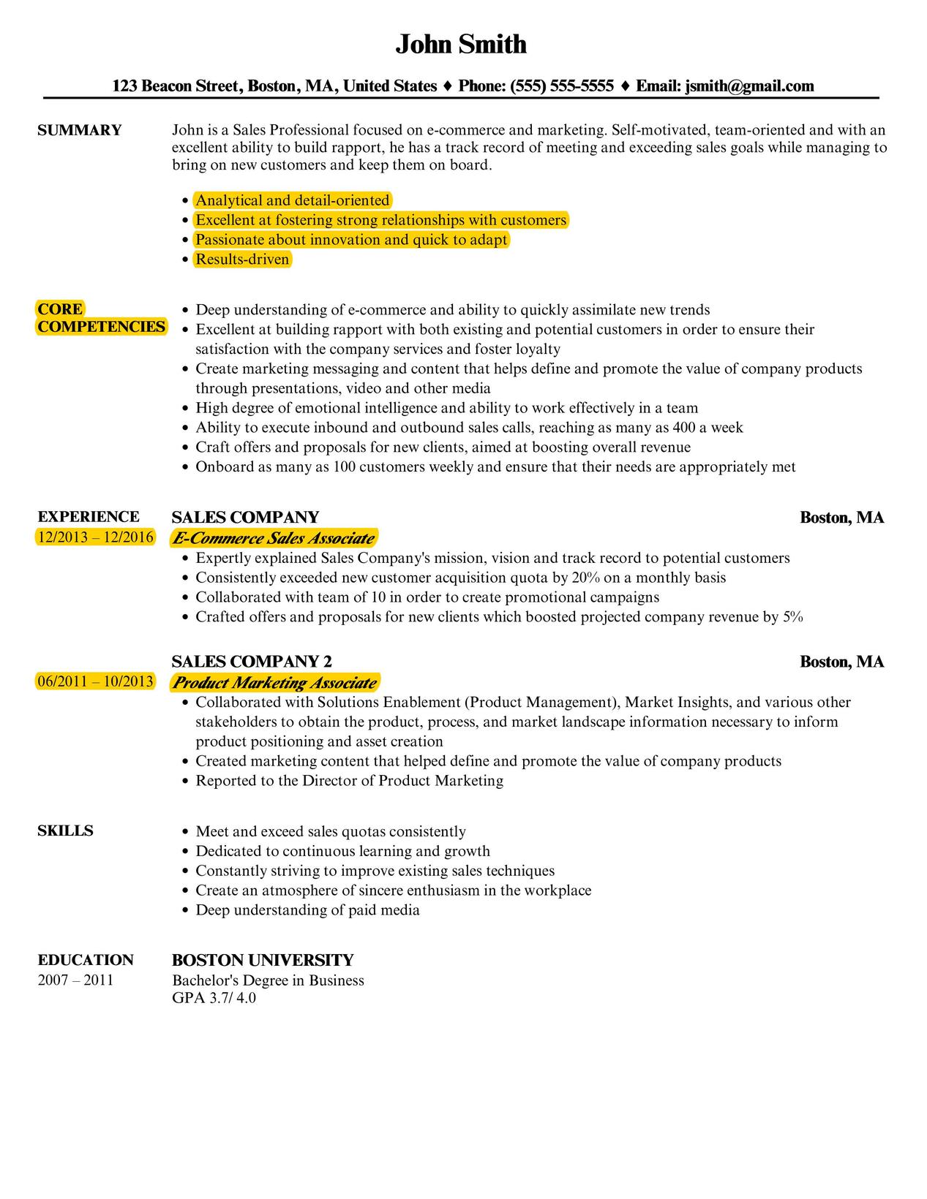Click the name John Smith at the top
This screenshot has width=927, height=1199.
tap(461, 45)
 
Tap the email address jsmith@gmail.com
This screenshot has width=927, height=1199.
tap(749, 86)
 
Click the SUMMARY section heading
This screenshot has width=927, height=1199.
tap(79, 130)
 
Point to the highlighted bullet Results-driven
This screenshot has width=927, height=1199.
tap(242, 260)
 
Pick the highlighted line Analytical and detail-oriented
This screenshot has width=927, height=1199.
tap(292, 200)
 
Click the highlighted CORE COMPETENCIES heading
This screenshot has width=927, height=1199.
tap(101, 318)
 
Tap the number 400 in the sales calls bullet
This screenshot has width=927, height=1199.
tap(684, 428)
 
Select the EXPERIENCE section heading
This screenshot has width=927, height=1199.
tap(88, 517)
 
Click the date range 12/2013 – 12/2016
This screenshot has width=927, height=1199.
tap(95, 537)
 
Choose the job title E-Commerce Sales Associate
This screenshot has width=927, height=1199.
tap(273, 539)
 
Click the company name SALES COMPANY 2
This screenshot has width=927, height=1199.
tap(252, 662)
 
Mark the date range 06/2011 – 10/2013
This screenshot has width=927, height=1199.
tap(95, 681)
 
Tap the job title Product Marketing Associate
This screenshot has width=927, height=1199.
tap(274, 683)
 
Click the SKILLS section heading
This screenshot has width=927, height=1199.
tap(65, 831)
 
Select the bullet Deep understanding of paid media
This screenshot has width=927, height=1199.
tap(307, 910)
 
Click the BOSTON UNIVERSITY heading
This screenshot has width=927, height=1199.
tap(263, 960)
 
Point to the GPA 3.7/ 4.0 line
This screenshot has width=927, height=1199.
tap(214, 998)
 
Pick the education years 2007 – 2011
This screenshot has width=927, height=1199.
tap(75, 980)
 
